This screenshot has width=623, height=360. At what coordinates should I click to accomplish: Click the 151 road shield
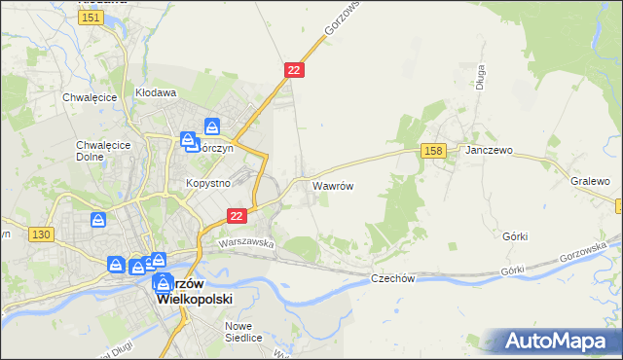(x=92, y=18)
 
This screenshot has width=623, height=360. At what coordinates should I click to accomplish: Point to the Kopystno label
(x=207, y=182)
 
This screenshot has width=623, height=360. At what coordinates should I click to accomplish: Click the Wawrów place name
(x=332, y=184)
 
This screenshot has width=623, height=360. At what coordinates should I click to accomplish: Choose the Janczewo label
(x=489, y=152)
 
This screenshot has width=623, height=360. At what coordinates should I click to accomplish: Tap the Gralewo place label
(x=590, y=182)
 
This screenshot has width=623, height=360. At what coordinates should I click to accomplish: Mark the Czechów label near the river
(x=393, y=278)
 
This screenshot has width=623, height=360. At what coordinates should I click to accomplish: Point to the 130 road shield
(x=40, y=234)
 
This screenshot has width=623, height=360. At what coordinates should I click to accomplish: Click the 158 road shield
(x=434, y=150)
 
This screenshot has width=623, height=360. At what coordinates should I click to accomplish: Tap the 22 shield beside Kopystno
(x=236, y=216)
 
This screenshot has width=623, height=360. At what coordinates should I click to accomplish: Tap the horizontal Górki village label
(x=516, y=236)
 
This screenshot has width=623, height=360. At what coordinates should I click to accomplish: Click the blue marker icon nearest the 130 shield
(x=97, y=222)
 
